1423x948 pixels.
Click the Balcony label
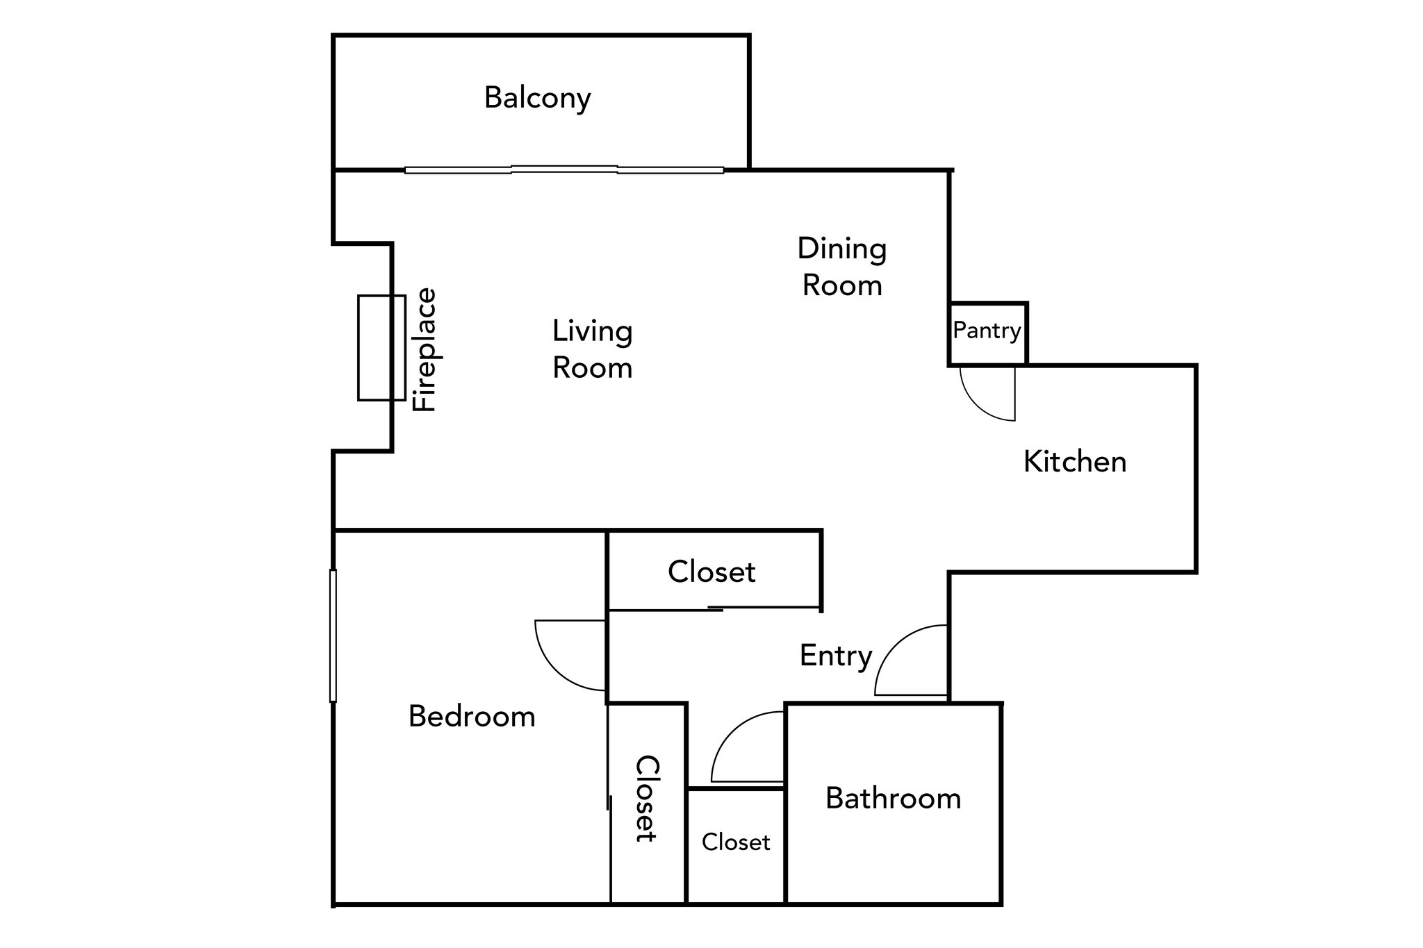(x=537, y=98)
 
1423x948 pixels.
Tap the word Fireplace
(x=425, y=350)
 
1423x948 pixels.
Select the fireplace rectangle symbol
(x=381, y=348)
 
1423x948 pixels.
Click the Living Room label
(x=592, y=349)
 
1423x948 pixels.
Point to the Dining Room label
(x=842, y=267)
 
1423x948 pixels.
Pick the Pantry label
(x=987, y=331)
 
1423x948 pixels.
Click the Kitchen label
(x=1075, y=462)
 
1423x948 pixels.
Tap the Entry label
(x=836, y=656)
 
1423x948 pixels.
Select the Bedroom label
(x=472, y=717)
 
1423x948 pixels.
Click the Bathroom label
(x=894, y=799)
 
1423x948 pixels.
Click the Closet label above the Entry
(x=711, y=572)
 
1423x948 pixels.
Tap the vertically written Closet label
(x=646, y=799)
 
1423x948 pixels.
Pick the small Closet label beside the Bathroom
(x=736, y=842)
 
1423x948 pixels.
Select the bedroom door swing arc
(x=554, y=670)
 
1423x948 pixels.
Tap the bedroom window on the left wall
(x=333, y=635)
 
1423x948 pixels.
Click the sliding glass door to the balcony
(x=564, y=169)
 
